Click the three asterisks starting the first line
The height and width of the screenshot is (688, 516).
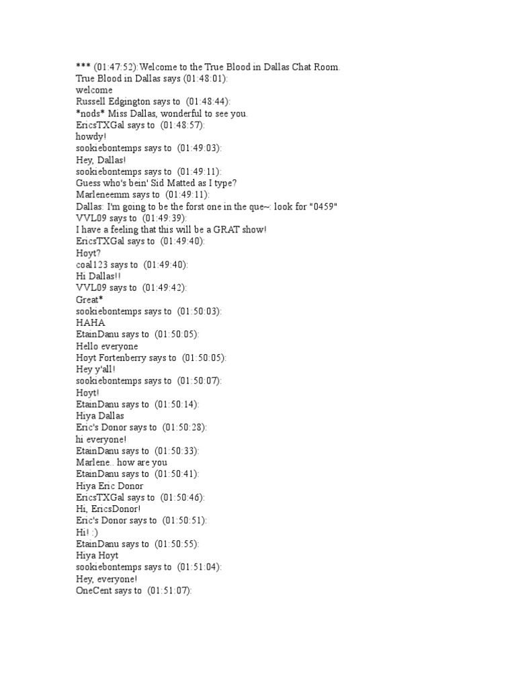(x=83, y=67)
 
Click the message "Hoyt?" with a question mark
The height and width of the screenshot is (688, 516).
(x=88, y=253)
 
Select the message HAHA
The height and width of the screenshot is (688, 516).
(x=91, y=322)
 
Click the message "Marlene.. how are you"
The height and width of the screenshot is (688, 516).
(x=122, y=462)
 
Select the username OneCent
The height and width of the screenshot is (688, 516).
(x=95, y=590)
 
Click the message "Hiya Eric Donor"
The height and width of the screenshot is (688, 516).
(x=110, y=486)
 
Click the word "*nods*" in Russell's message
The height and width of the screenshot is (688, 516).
(x=91, y=113)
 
